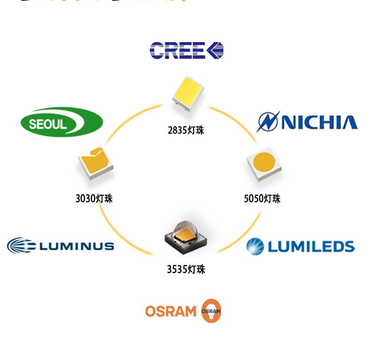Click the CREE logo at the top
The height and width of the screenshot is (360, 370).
click(x=186, y=51)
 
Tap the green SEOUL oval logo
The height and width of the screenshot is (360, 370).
click(x=61, y=122)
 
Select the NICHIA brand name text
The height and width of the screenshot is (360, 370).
click(x=319, y=123)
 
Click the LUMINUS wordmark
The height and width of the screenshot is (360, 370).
click(x=76, y=246)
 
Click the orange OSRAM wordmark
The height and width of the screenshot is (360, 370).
click(x=170, y=311)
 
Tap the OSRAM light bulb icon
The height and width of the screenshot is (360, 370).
click(x=211, y=311)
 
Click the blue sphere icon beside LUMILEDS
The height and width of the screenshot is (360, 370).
click(x=255, y=246)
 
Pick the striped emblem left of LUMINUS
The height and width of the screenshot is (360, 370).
click(x=22, y=246)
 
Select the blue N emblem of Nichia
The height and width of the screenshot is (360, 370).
click(x=268, y=122)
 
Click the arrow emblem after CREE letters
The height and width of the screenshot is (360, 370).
click(x=215, y=51)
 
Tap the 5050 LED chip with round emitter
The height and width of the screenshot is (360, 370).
click(x=264, y=165)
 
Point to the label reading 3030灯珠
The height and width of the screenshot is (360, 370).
click(x=94, y=198)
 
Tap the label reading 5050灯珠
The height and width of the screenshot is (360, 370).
click(x=262, y=198)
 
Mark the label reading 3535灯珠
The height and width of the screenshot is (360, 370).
click(x=186, y=270)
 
